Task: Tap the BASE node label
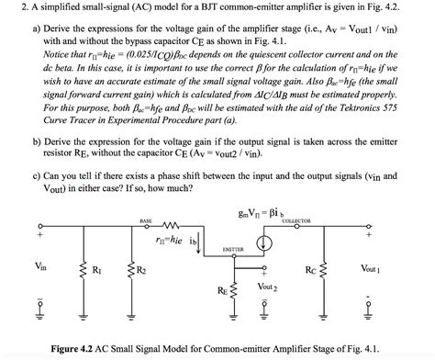[x=146, y=221]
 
